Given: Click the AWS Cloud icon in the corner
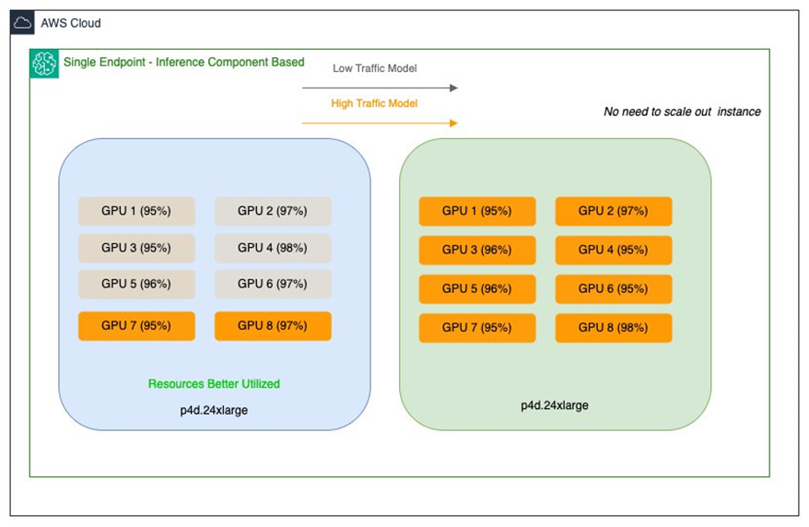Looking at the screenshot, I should [23, 23].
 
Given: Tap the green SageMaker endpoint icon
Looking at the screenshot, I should [44, 64].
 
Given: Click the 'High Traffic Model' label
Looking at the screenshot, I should [374, 103].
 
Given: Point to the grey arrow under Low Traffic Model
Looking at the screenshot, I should [380, 88].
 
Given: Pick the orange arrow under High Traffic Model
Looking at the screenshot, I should [380, 123].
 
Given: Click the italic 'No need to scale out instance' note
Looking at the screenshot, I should [682, 111].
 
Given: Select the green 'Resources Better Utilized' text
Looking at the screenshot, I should [214, 383].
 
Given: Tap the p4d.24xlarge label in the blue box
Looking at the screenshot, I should [214, 410].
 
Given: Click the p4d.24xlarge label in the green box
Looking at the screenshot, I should [555, 404].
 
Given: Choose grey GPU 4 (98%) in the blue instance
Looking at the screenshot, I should [273, 248].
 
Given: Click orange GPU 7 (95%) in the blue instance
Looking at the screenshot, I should [136, 326].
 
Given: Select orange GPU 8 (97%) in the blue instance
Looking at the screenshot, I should [273, 326].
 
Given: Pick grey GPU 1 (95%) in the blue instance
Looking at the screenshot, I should [136, 211].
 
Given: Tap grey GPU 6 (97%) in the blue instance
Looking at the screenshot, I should [273, 285].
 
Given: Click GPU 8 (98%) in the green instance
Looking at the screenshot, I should [613, 328].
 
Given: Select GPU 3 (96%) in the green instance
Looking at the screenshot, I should [476, 250].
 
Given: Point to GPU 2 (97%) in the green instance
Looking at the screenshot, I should [613, 211].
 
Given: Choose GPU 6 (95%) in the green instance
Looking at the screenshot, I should [613, 288].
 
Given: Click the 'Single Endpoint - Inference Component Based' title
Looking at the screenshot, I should [183, 63].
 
